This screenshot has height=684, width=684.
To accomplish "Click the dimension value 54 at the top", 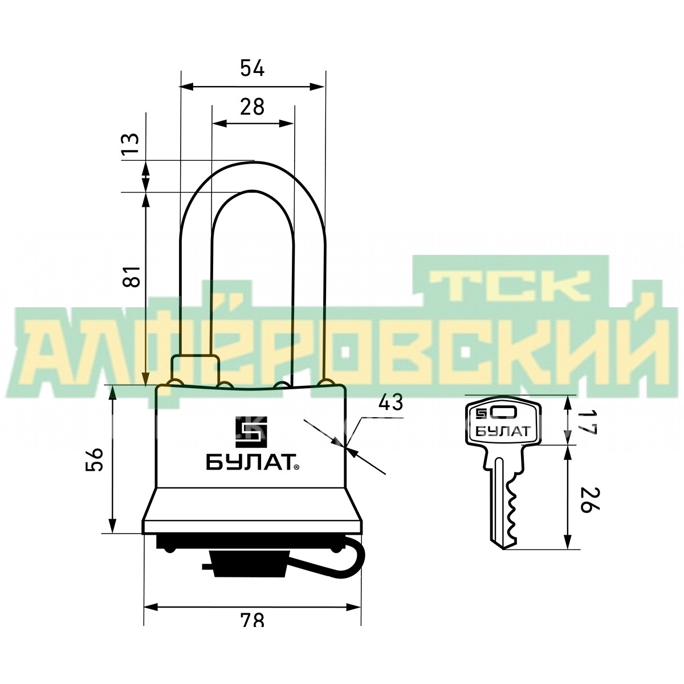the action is pyautogui.click(x=253, y=68).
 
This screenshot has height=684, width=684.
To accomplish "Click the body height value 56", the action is pyautogui.click(x=95, y=459).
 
